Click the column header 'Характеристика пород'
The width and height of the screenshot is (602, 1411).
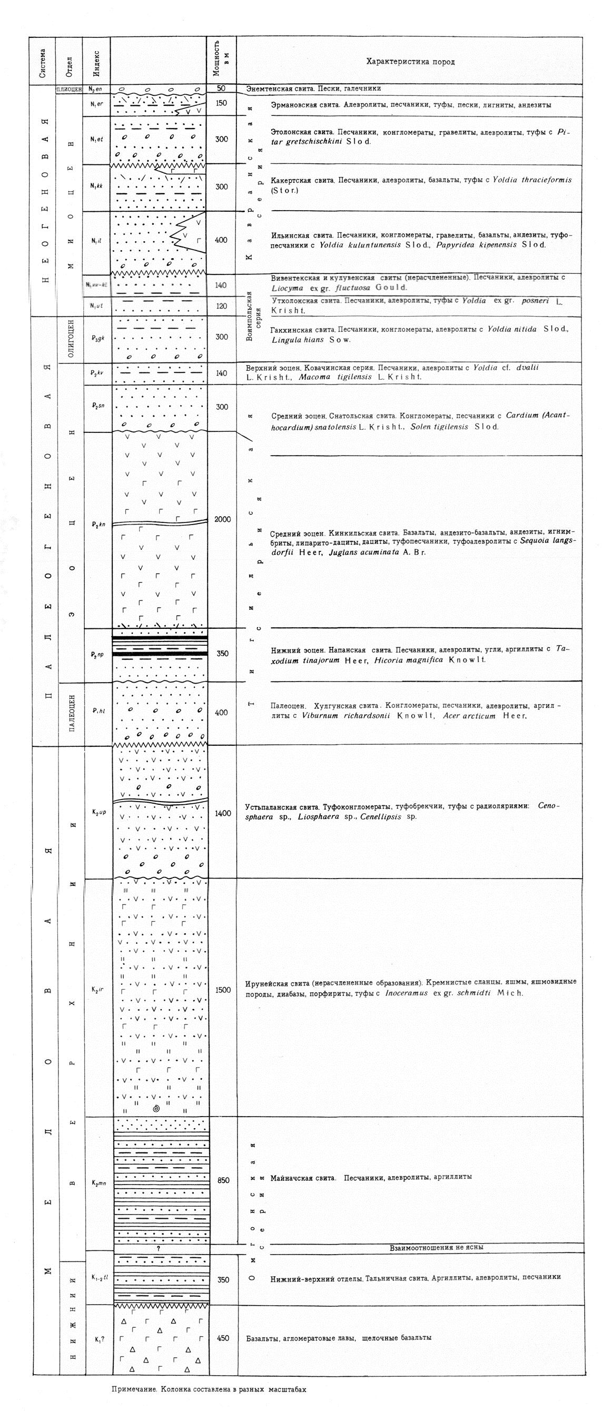pos(410,61)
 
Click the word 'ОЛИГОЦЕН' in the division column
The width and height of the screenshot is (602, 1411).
pos(71,338)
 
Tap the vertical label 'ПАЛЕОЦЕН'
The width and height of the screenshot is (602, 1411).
pos(71,713)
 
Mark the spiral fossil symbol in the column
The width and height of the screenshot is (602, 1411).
pos(156,1109)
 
